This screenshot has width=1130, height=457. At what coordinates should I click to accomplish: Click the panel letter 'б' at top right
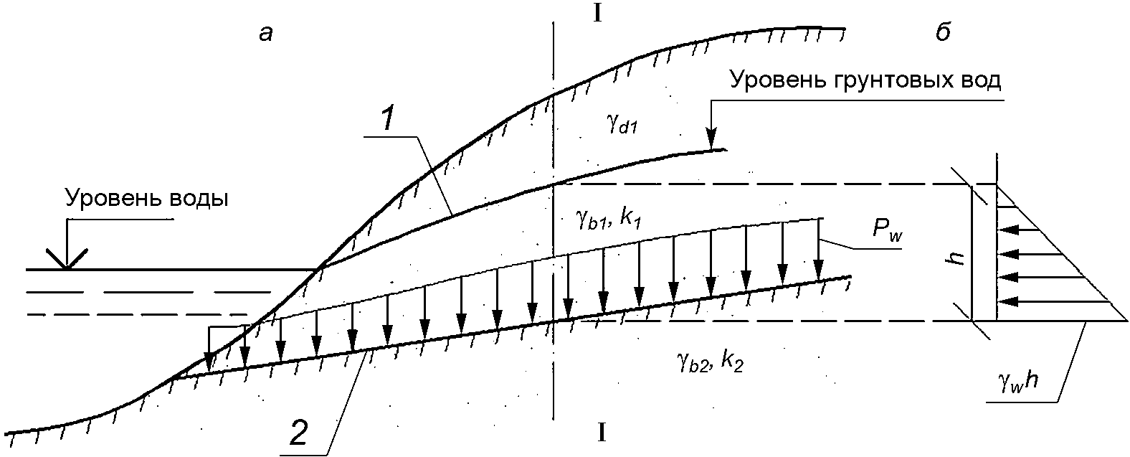[944, 33]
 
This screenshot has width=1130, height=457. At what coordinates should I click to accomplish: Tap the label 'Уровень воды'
[147, 199]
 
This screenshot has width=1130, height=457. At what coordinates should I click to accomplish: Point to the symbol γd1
[621, 127]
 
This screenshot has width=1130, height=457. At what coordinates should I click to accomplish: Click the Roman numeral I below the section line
[602, 433]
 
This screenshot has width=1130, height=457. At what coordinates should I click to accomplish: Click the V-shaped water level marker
[67, 259]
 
